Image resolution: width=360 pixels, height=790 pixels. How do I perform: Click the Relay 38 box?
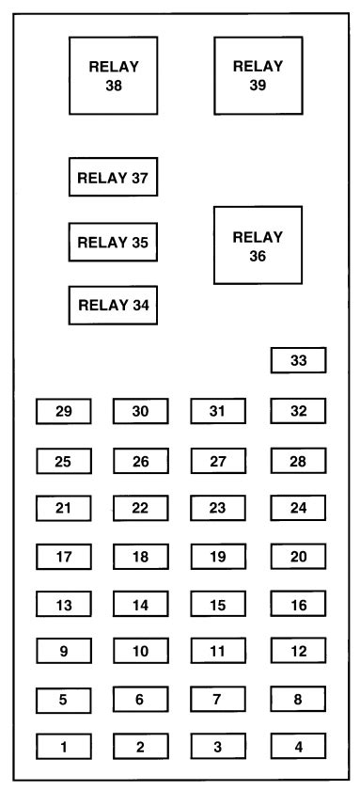click(114, 75)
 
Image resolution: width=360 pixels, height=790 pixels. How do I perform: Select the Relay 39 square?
click(258, 75)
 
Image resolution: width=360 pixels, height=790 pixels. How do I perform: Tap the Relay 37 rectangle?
click(113, 177)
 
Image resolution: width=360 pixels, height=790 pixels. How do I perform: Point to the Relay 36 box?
click(258, 245)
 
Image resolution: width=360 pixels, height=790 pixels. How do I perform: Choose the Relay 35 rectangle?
click(113, 242)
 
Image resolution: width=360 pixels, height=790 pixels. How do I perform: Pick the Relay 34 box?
click(113, 304)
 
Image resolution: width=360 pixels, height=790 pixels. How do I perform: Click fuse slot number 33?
click(298, 360)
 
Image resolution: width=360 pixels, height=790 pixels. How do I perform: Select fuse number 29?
click(64, 411)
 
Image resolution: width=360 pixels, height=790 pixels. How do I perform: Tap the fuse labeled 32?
click(298, 411)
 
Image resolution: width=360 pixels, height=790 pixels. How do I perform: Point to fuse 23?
click(218, 509)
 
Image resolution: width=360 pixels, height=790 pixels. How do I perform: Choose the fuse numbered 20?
click(298, 557)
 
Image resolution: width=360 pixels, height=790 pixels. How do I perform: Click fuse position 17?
click(64, 557)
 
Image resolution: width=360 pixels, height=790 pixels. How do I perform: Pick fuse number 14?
click(141, 605)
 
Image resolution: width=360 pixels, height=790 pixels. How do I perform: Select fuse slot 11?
click(218, 650)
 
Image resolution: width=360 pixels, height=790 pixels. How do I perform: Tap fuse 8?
click(298, 699)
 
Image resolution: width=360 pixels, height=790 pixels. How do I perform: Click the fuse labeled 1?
click(64, 747)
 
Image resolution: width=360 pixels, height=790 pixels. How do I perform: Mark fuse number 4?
click(298, 747)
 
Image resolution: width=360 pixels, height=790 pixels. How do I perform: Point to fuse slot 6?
click(141, 699)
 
